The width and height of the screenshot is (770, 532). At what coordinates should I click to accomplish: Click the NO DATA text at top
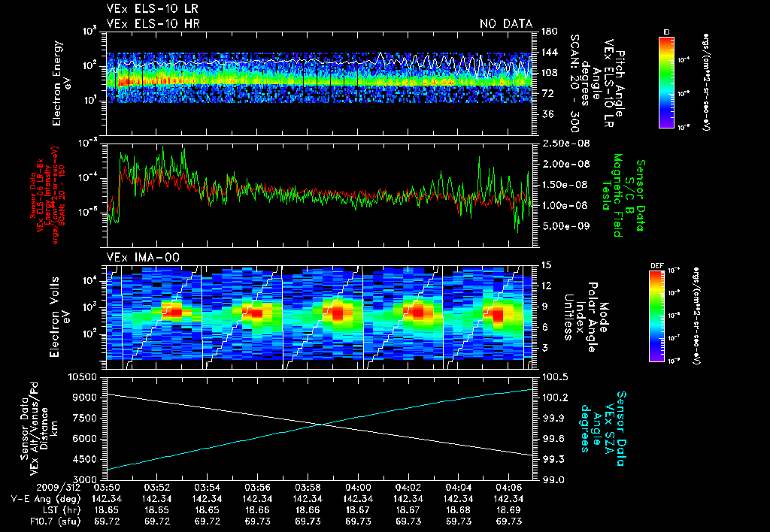(506, 23)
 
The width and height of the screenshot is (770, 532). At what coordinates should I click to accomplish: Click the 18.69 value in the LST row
(509, 509)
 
